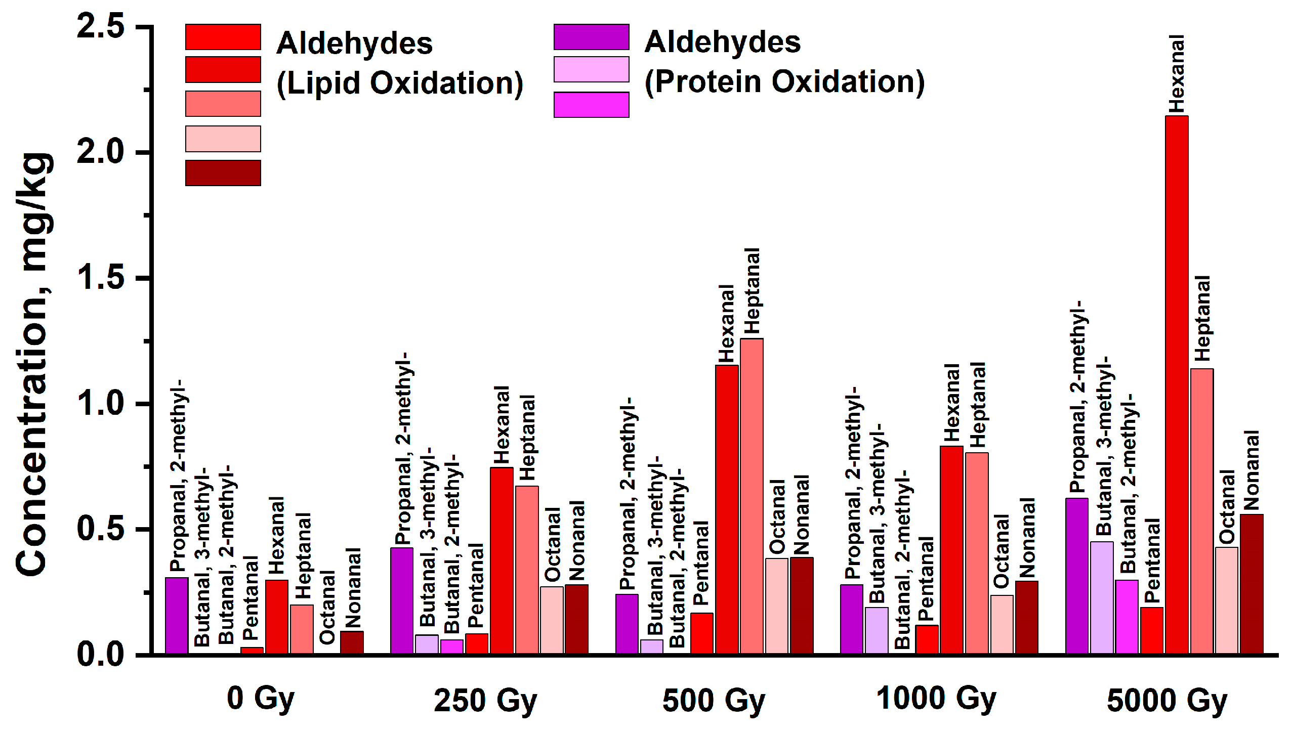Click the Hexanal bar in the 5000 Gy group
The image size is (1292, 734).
click(x=1176, y=384)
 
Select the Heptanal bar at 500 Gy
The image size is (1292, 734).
click(x=752, y=496)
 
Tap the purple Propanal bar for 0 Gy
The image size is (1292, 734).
click(x=177, y=616)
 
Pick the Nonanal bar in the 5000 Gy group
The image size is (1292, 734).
click(x=1251, y=584)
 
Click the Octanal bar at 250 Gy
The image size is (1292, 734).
click(x=552, y=620)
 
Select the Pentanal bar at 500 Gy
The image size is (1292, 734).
click(x=702, y=633)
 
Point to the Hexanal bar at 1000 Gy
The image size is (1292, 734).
click(x=951, y=550)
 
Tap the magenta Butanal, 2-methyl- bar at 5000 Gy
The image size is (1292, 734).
click(x=1127, y=617)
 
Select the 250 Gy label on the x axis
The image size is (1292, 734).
click(x=485, y=701)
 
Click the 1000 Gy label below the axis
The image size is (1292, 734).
click(x=936, y=699)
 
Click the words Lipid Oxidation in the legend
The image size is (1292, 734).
click(x=400, y=83)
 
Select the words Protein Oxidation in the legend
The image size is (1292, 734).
click(x=784, y=82)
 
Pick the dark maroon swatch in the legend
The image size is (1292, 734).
click(x=223, y=173)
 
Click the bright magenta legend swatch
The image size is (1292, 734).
click(x=591, y=105)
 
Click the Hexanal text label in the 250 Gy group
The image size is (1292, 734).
click(x=501, y=425)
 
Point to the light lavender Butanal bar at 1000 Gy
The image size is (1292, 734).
click(x=877, y=630)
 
